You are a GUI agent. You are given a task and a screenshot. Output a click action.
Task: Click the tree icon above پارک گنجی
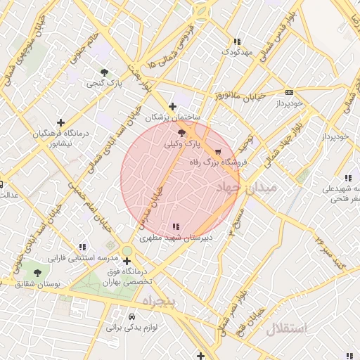pos(105,72)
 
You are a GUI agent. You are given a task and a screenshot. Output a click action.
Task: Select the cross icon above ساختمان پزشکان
pos(172,107)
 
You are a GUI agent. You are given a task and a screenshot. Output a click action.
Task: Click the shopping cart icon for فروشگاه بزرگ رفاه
pos(218,151)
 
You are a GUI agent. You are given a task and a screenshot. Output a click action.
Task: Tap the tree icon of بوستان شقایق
pos(37,272)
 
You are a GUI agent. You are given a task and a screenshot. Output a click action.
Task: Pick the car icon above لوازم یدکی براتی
pos(131,316)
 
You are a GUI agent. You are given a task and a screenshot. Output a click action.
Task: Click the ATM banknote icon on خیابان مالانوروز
pos(289,92)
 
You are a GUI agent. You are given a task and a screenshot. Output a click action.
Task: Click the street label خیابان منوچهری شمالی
pos(21,59)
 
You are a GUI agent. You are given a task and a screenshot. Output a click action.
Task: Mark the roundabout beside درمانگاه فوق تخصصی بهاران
pos(127,251)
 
